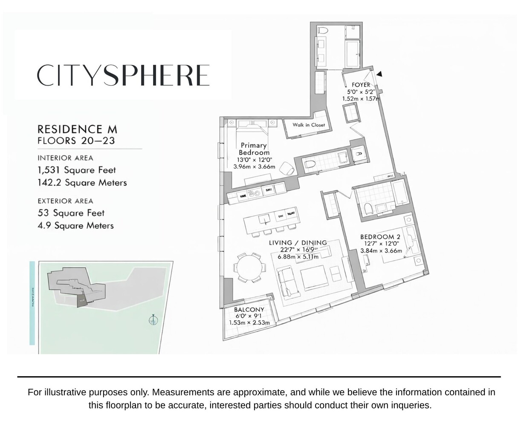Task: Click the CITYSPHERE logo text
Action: (x=123, y=75)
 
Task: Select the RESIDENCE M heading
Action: (x=77, y=129)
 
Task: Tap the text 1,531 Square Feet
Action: (x=77, y=170)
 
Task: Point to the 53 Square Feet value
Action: (x=71, y=213)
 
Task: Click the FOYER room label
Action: (x=361, y=85)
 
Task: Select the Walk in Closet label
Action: (x=308, y=125)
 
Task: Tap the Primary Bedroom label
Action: (x=254, y=149)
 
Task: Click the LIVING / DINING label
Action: (x=298, y=243)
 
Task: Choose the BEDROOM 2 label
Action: (x=380, y=237)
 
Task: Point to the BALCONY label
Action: (x=249, y=310)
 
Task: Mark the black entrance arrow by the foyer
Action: (x=379, y=74)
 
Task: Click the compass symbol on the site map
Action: (x=153, y=319)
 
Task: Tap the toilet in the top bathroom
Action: (x=323, y=30)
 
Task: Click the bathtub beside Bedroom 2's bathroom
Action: (x=401, y=192)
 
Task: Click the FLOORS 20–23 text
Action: (x=76, y=141)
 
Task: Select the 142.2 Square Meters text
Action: (x=82, y=183)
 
